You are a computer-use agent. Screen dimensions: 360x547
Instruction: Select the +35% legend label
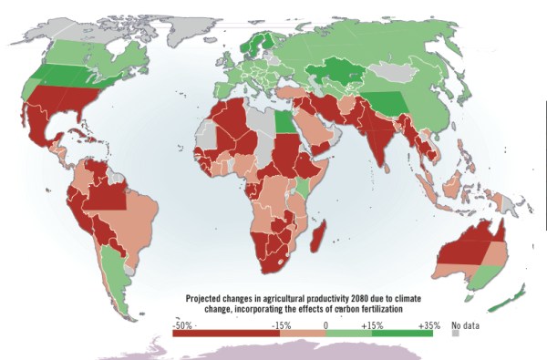tap(428, 324)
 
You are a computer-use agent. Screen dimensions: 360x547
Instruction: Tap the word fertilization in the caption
tap(376, 309)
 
